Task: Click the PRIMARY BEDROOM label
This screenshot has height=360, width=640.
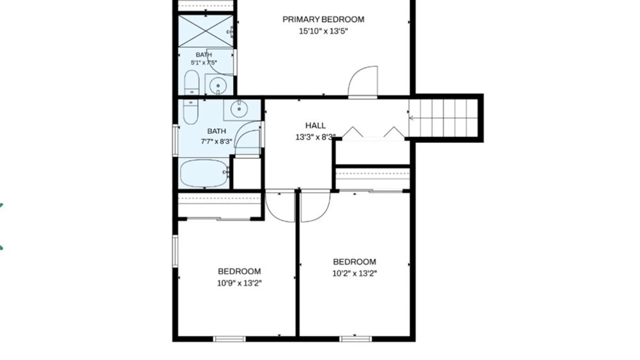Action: coord(323,19)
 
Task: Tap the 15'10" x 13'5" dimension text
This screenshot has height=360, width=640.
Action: coord(323,31)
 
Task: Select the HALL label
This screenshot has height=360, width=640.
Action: coord(316,126)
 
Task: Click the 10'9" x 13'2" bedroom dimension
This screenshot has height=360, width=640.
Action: coord(239,283)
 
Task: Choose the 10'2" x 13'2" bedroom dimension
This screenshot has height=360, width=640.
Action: coord(354,273)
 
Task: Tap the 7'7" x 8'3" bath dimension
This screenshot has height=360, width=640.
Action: coord(216,141)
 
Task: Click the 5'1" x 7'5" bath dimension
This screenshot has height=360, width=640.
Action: coord(204,62)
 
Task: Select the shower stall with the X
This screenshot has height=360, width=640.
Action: coord(206,31)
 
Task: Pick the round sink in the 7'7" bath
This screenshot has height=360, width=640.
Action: coord(239,108)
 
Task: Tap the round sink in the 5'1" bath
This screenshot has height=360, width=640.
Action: coord(218,86)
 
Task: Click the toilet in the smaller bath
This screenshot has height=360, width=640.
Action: coord(192,82)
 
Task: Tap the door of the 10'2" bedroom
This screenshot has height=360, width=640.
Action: coord(315,207)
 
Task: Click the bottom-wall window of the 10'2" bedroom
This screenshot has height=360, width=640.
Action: coord(356,339)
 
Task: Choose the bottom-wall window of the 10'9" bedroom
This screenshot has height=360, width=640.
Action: coord(229,339)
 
